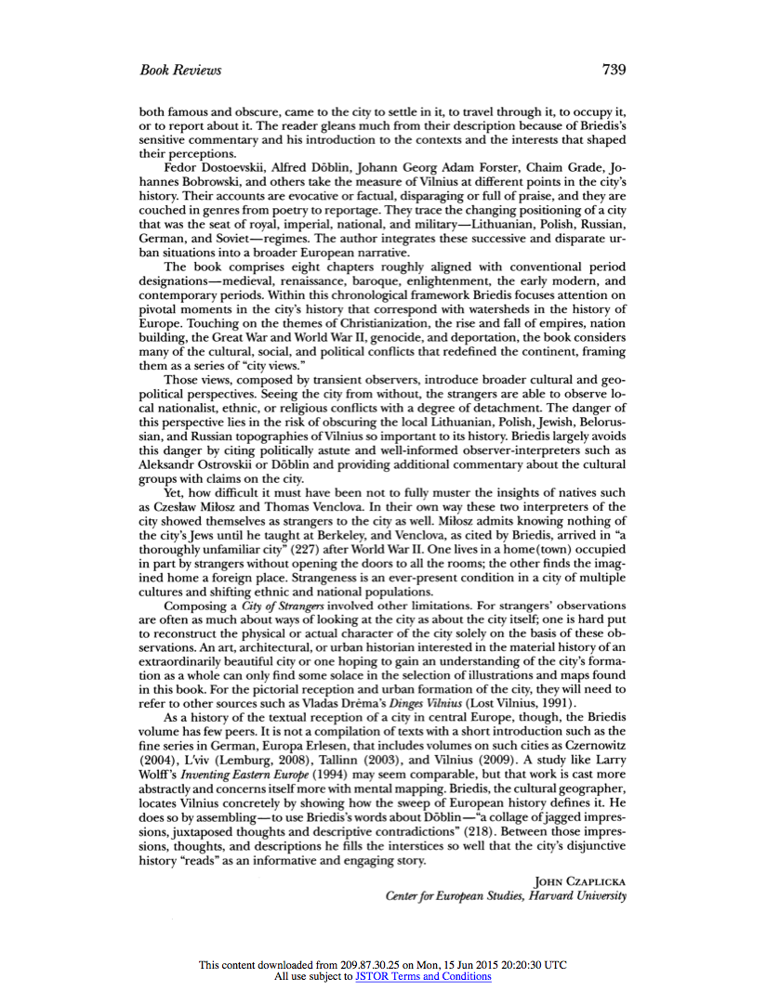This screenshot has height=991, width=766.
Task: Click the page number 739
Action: pos(614,70)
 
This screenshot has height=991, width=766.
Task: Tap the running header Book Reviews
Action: pos(180,71)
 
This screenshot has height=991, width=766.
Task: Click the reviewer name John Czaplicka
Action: pos(581,881)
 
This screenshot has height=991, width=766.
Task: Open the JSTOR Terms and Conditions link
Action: pos(423,977)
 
